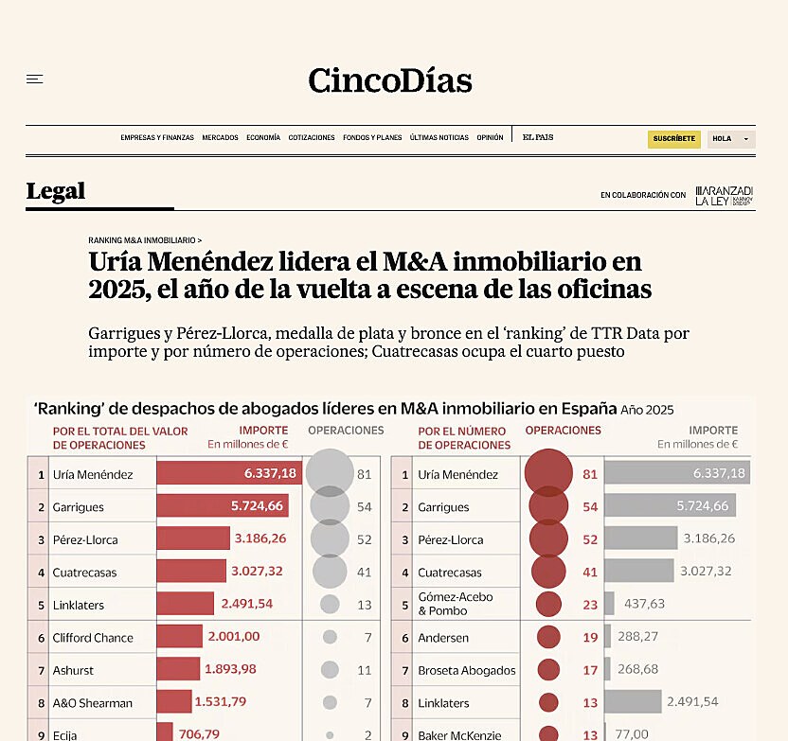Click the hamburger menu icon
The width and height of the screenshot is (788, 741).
tap(35, 79)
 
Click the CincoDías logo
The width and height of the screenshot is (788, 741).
tap(390, 80)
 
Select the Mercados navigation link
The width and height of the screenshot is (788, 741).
tap(220, 138)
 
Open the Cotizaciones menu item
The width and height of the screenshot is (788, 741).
tap(312, 138)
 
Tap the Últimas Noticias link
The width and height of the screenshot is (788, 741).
tap(439, 138)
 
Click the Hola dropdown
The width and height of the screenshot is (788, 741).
tap(730, 139)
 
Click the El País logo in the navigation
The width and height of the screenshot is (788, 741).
tap(538, 138)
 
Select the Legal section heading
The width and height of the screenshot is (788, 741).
tap(56, 191)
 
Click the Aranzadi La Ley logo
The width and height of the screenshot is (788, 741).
tap(724, 195)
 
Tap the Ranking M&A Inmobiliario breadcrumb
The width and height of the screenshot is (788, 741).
tap(145, 240)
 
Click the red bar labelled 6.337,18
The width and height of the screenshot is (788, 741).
tap(228, 474)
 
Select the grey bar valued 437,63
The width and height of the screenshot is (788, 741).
tap(609, 604)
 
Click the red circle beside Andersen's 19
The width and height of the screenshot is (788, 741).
tap(548, 638)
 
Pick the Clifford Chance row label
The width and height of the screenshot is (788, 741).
tap(92, 638)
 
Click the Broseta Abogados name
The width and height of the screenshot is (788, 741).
tap(466, 671)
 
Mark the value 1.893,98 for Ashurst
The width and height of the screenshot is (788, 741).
tap(230, 670)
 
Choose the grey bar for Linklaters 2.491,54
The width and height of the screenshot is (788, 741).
tap(633, 702)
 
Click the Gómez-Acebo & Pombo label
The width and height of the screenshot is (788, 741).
tap(456, 604)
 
